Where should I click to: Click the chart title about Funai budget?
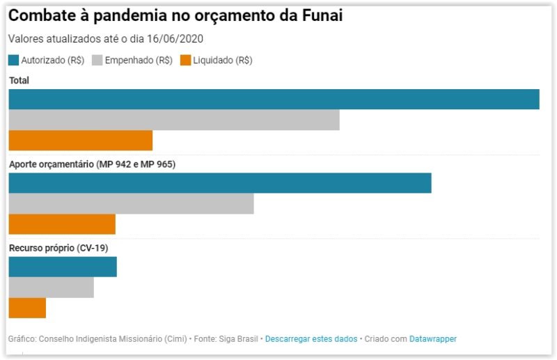pos(175,16)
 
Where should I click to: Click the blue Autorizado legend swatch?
pos(13,61)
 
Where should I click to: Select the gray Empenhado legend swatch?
pos(97,61)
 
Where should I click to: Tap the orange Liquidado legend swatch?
pos(185,61)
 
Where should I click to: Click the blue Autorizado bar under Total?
pos(274,100)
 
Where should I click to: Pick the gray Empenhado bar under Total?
pos(174,120)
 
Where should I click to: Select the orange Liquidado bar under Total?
pos(80,140)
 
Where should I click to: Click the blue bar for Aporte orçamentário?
pos(220,183)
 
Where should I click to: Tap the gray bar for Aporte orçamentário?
pos(131,203)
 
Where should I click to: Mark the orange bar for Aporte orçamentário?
pos(62,224)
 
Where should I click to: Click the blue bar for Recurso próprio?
pos(63,267)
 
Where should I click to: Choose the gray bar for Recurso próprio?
pos(51,287)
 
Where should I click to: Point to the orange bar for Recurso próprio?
pos(27,308)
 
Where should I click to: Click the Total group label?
pos(19,81)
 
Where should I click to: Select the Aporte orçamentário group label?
pos(92,164)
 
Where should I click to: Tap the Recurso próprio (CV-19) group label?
pos(58,248)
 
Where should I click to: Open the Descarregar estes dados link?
pos(311,339)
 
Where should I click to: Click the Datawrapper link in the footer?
pos(433,339)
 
